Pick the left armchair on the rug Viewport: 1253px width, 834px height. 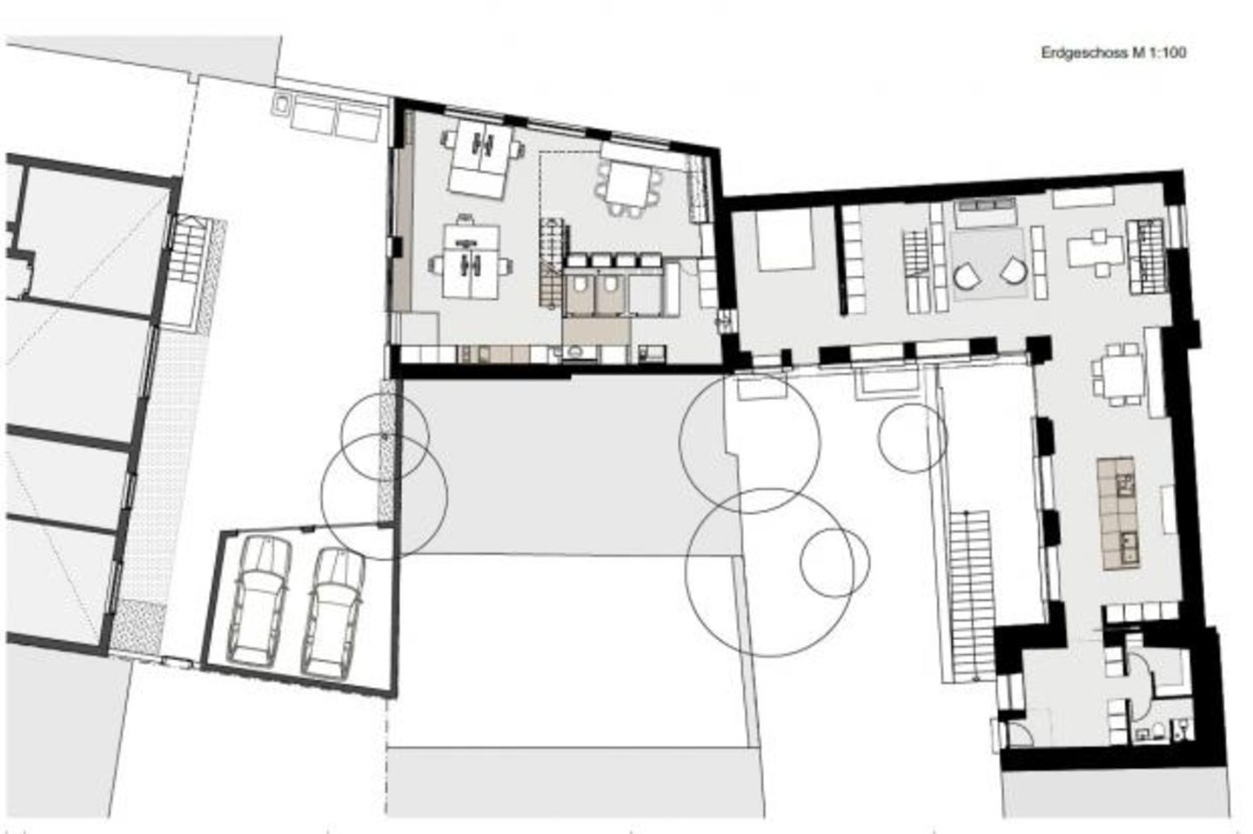coord(967,275)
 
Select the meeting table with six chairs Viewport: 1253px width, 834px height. coord(628,183)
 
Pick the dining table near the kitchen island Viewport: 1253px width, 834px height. coord(1116,375)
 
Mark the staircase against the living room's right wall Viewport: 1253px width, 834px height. coord(1146,252)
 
